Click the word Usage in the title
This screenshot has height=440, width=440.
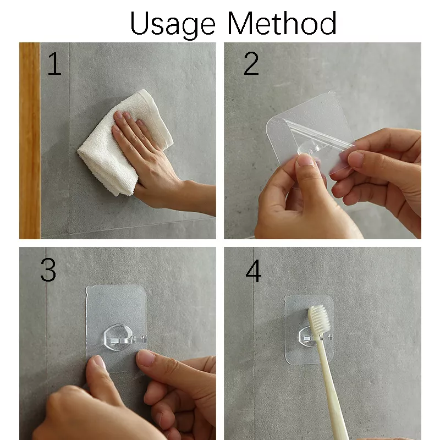(173, 24)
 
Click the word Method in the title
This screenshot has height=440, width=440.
(282, 24)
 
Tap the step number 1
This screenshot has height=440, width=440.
(54, 65)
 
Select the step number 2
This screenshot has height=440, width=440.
(251, 65)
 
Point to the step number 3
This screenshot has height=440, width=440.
(48, 270)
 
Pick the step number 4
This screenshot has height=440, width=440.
(253, 271)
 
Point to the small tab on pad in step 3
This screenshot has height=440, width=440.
(88, 294)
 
